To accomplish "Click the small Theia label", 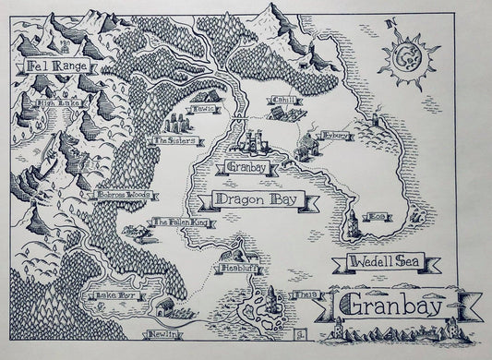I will pyautogui.click(x=306, y=295).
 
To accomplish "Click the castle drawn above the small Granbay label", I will pyautogui.click(x=254, y=145).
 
